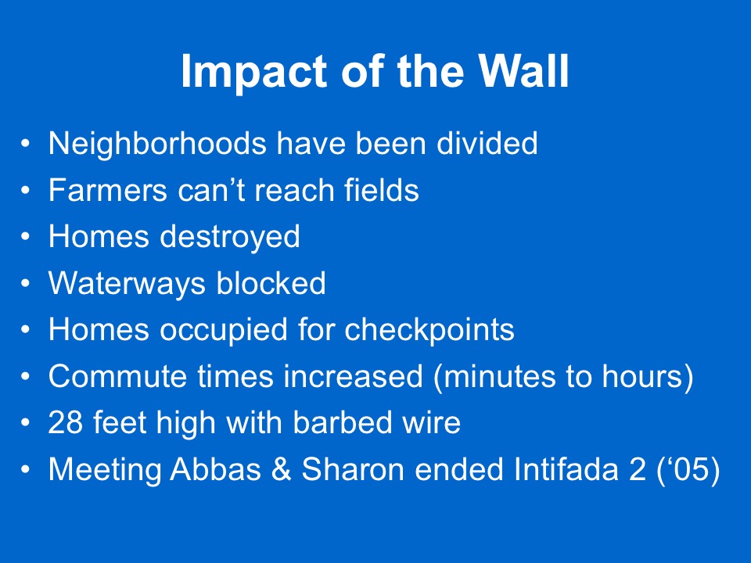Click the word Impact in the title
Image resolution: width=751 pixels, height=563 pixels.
click(x=254, y=72)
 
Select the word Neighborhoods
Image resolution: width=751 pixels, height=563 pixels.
click(x=157, y=144)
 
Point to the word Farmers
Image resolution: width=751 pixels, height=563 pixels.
click(x=108, y=189)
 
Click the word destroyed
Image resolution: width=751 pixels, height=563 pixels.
click(x=229, y=237)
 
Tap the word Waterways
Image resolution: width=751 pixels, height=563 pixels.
click(x=127, y=283)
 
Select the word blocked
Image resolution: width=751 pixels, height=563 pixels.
click(x=271, y=282)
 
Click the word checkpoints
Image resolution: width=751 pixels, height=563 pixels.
click(x=429, y=330)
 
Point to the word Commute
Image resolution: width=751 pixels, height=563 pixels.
click(x=117, y=376)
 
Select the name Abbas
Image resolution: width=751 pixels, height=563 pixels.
click(x=216, y=469)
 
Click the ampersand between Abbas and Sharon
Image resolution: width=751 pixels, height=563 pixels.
click(x=282, y=469)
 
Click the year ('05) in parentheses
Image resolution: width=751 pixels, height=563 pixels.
click(x=688, y=469)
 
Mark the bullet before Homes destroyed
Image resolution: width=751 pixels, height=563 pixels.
click(x=25, y=237)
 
